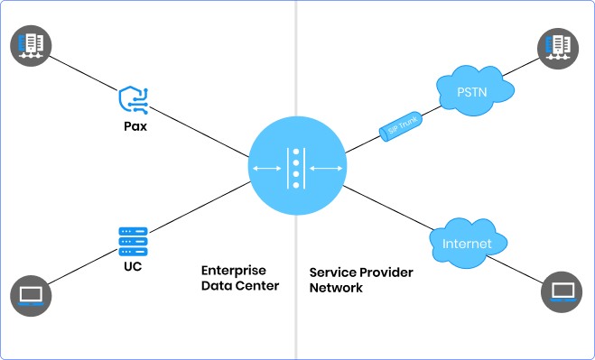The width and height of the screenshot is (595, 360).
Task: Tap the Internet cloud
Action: click(467, 244)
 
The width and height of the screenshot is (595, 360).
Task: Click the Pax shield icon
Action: click(134, 99)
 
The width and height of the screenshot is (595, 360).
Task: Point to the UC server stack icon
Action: click(133, 242)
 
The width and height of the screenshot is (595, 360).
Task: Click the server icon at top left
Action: click(33, 44)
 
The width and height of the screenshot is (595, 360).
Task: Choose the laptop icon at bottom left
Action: click(33, 294)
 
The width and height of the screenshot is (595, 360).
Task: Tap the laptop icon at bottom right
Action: click(562, 291)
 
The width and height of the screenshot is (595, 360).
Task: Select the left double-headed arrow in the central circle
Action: click(266, 168)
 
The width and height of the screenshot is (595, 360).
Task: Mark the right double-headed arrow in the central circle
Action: click(326, 168)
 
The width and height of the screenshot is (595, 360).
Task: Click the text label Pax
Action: click(135, 126)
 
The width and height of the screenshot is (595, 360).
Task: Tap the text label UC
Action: click(133, 268)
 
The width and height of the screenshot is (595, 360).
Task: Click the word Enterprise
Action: click(233, 271)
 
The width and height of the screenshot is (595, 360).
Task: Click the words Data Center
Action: click(240, 287)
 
